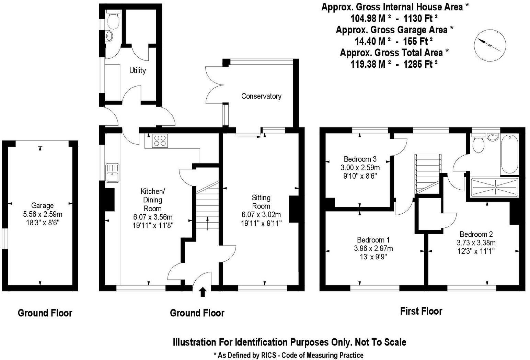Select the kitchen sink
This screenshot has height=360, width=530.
[x=112, y=173]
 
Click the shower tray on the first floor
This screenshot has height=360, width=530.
[x=495, y=188]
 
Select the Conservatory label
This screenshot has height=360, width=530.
[x=261, y=96]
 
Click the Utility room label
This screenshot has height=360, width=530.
[x=137, y=70]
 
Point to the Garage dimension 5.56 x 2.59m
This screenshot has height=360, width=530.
[x=43, y=214]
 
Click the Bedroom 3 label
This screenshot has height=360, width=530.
[x=360, y=159]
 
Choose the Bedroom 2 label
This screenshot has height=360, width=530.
[x=476, y=234]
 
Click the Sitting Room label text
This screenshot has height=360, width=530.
[x=261, y=202]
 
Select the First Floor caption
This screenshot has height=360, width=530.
[x=421, y=311]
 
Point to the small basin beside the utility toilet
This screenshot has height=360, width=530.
[x=108, y=36]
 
